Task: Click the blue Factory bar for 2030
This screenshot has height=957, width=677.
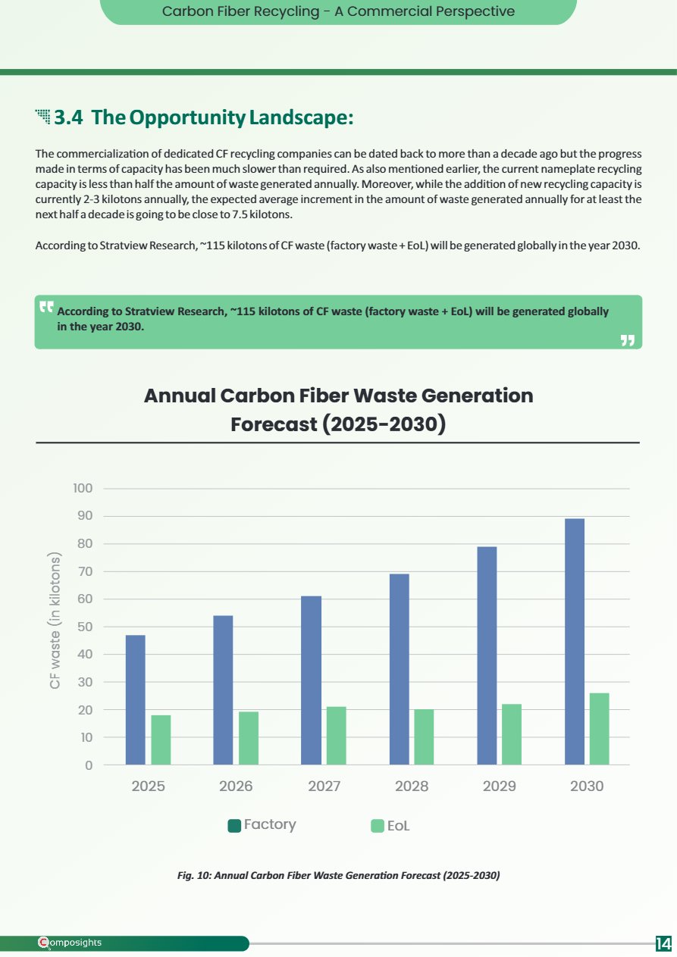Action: click(575, 641)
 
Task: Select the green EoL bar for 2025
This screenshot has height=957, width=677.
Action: click(161, 740)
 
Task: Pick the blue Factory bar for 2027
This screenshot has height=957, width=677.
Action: click(311, 680)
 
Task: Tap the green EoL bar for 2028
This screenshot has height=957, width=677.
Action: click(424, 737)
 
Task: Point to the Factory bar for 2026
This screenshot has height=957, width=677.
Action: click(223, 690)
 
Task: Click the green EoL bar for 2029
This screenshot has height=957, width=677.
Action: click(511, 734)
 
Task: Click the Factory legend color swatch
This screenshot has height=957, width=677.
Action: click(234, 826)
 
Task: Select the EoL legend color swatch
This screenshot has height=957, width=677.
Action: click(378, 826)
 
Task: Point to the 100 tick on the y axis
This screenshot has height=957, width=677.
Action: click(83, 488)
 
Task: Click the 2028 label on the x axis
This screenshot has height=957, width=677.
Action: click(412, 786)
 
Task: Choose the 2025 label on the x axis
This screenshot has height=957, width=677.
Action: click(148, 786)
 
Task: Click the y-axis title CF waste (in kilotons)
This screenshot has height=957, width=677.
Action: click(55, 621)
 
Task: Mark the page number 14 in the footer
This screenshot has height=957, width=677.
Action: click(663, 942)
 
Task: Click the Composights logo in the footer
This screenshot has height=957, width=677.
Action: click(70, 943)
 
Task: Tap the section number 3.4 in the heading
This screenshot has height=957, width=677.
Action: click(68, 117)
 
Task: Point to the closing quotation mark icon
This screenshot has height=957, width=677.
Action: click(628, 340)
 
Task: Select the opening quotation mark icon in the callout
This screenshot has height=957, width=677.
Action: click(46, 306)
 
